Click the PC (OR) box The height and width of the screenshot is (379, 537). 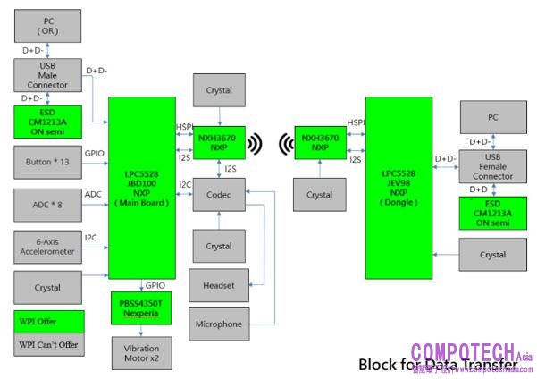click(x=47, y=25)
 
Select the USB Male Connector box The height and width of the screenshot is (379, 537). click(x=47, y=74)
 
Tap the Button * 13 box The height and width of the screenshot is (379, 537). click(x=47, y=162)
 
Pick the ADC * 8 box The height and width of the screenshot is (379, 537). click(x=47, y=204)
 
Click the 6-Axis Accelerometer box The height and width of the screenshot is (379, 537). click(x=47, y=247)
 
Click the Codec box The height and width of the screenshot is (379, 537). click(x=219, y=194)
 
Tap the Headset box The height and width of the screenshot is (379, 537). click(x=219, y=285)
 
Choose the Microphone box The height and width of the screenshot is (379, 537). click(x=219, y=324)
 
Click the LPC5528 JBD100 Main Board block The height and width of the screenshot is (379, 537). click(x=141, y=188)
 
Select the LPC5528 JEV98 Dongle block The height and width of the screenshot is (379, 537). click(x=399, y=188)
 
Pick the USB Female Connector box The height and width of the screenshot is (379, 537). click(x=492, y=166)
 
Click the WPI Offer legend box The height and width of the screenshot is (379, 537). click(x=47, y=320)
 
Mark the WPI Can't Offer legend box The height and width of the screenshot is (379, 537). click(x=47, y=345)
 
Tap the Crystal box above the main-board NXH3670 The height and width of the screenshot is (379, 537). click(x=219, y=91)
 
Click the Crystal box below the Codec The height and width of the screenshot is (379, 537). click(x=219, y=246)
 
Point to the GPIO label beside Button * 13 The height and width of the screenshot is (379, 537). click(x=95, y=154)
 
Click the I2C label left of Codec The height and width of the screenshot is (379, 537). click(x=184, y=185)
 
